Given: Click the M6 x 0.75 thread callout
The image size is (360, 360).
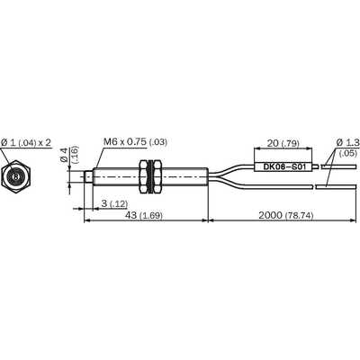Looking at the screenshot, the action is click(135, 141).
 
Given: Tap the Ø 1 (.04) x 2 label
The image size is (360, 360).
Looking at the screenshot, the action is click(26, 142).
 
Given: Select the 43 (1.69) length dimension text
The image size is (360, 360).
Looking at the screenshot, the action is click(144, 215).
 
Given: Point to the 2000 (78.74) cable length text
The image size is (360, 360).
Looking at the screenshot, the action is click(286, 215).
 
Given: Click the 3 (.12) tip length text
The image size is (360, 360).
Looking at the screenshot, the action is click(114, 203).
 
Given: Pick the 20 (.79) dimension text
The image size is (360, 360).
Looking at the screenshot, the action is click(283, 143).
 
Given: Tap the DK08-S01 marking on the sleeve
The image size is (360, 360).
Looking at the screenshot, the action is click(284, 167).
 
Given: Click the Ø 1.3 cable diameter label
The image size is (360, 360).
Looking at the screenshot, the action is click(347, 142).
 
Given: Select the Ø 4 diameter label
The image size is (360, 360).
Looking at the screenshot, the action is click(64, 155).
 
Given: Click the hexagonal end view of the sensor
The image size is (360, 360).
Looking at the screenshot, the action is click(16, 177).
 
